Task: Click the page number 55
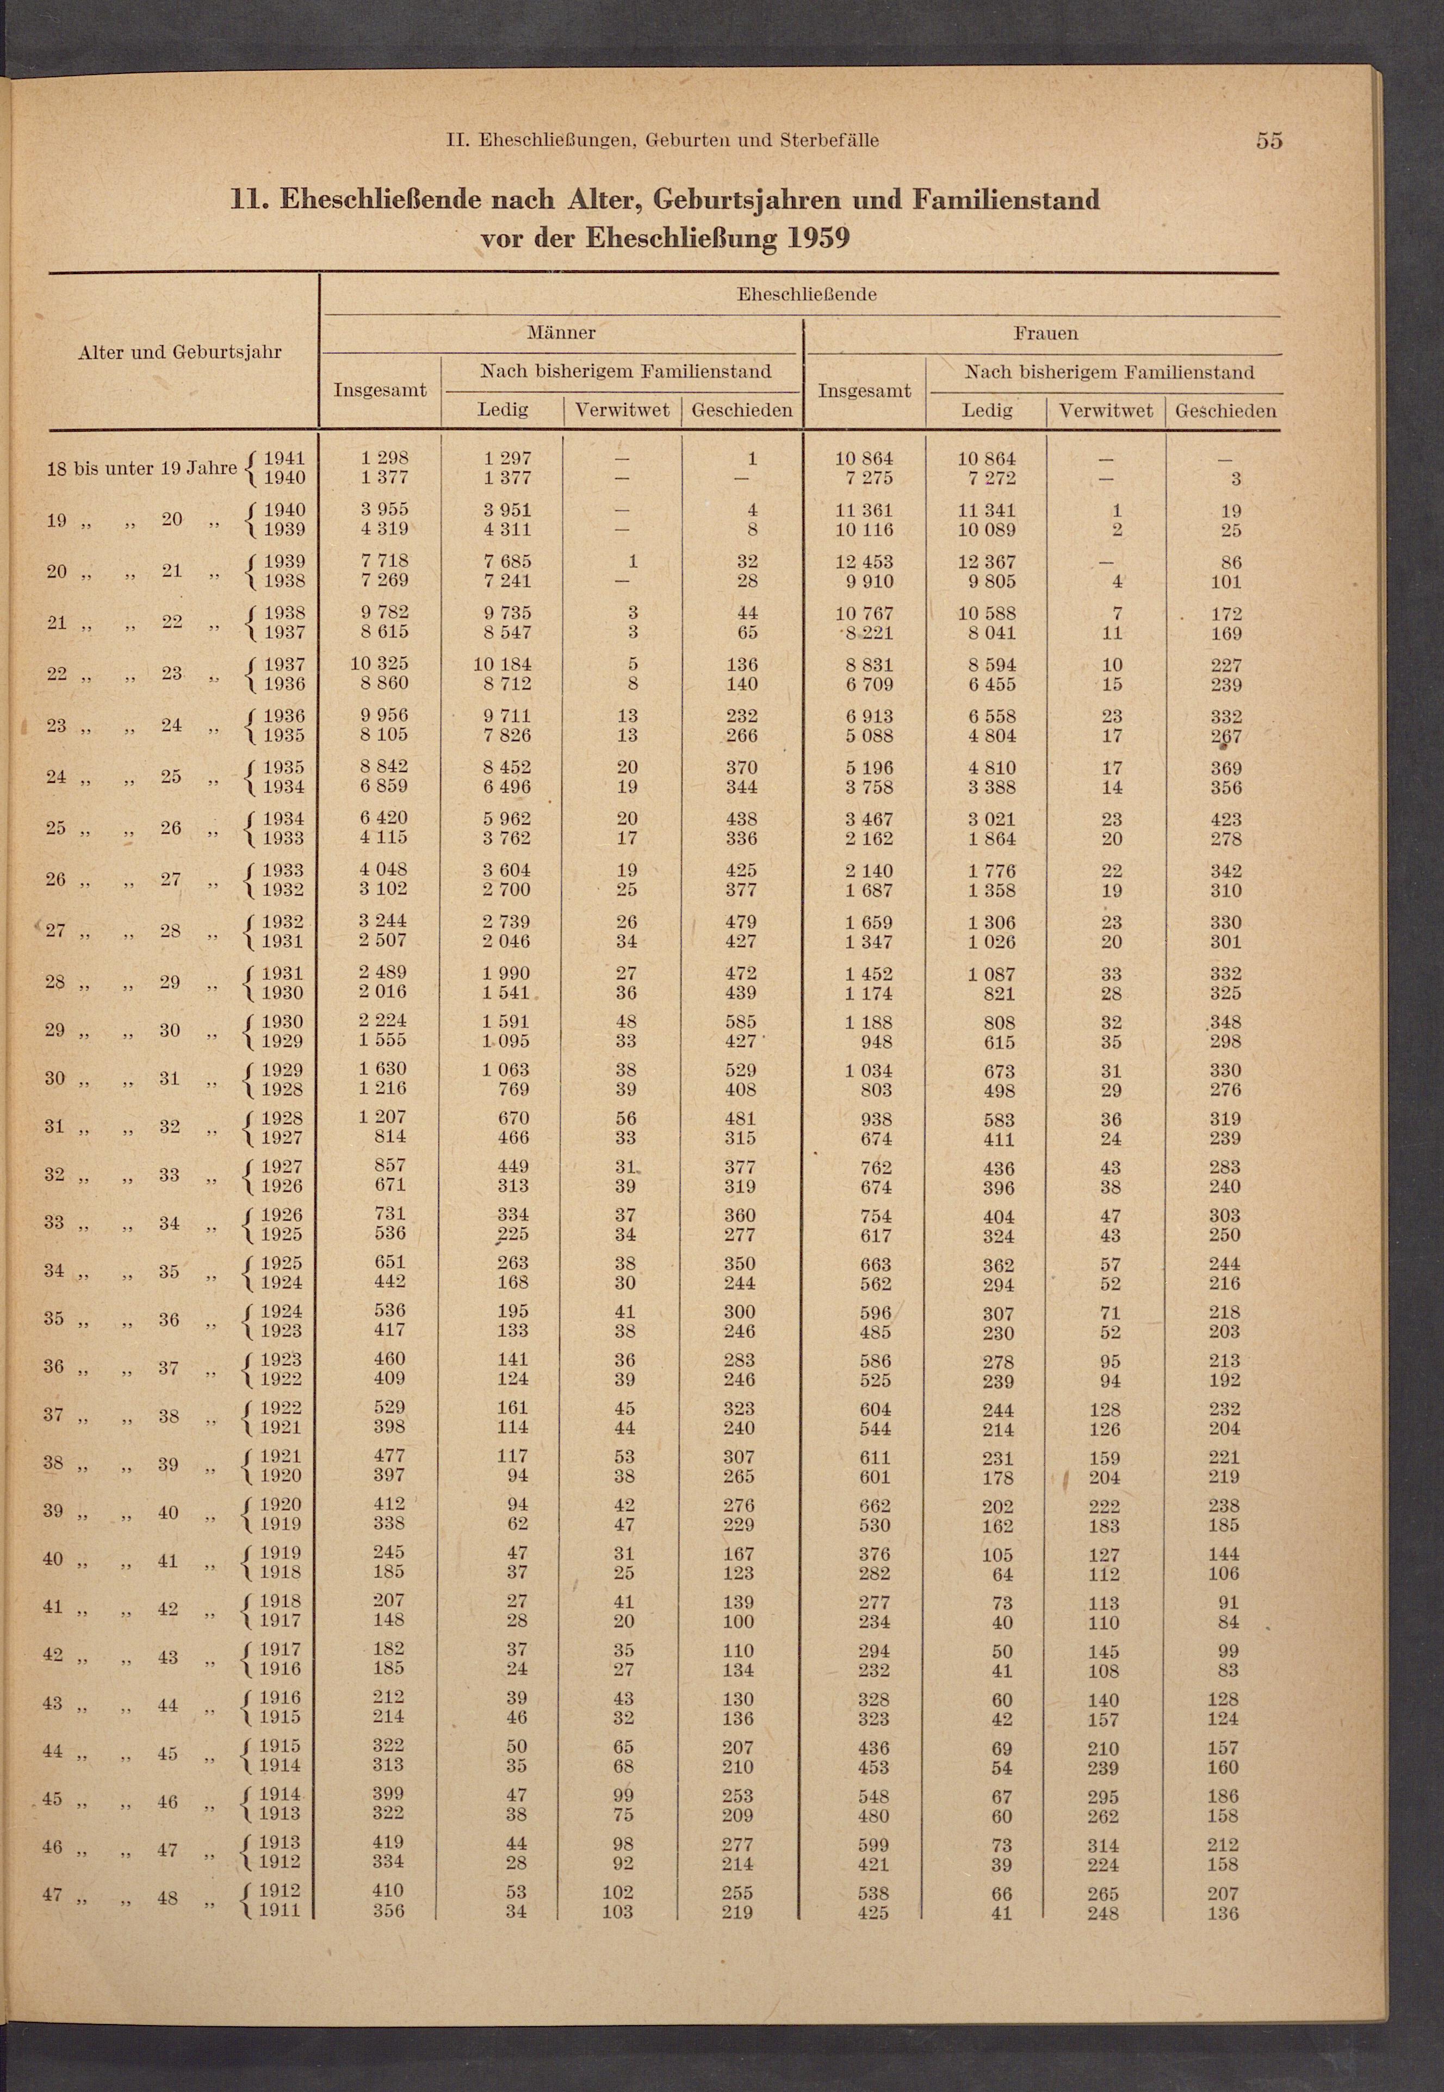pyautogui.click(x=1268, y=140)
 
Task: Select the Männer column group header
pyautogui.click(x=561, y=333)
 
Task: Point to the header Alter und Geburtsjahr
pyautogui.click(x=180, y=352)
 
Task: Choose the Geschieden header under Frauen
pyautogui.click(x=1225, y=410)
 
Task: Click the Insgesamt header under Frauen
pyautogui.click(x=864, y=391)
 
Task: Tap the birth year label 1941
pyautogui.click(x=283, y=458)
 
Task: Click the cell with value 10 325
pyautogui.click(x=379, y=664)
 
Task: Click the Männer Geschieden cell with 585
pyautogui.click(x=741, y=1022)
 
